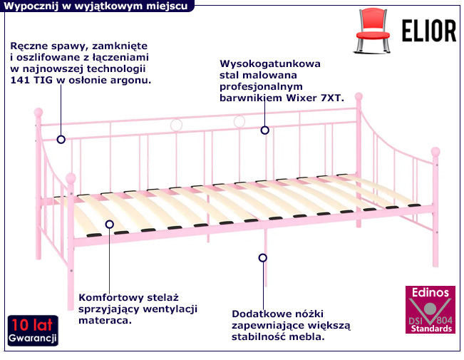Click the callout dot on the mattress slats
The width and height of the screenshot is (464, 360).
(x=109, y=224)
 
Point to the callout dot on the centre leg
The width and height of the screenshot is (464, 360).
(x=263, y=257)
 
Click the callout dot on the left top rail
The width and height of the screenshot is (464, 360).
(x=61, y=140)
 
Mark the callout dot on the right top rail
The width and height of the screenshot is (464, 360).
(x=264, y=130)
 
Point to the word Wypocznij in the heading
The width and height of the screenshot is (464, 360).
(x=29, y=6)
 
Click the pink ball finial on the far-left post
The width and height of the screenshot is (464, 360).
(x=40, y=112)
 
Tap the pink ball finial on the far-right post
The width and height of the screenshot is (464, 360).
(x=435, y=151)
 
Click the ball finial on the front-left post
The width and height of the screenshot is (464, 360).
(x=71, y=178)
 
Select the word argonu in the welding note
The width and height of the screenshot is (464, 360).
(x=133, y=81)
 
